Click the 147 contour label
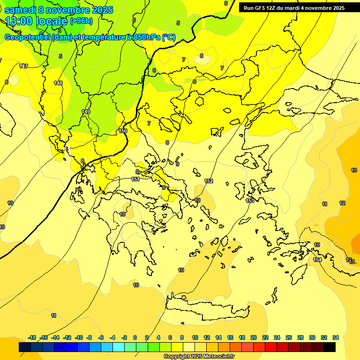(23, 66)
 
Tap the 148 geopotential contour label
(58, 83)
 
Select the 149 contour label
(86, 112)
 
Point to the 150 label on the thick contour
(123, 131)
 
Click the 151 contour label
(135, 179)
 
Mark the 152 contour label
(209, 181)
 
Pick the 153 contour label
(250, 201)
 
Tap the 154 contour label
(317, 260)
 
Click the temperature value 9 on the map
(178, 164)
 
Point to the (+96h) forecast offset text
(81, 21)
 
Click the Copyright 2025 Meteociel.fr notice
(199, 356)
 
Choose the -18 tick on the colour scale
(32, 337)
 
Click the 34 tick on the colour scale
(335, 337)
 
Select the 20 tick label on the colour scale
(254, 337)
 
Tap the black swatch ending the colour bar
(330, 347)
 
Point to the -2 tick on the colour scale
(124, 337)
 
